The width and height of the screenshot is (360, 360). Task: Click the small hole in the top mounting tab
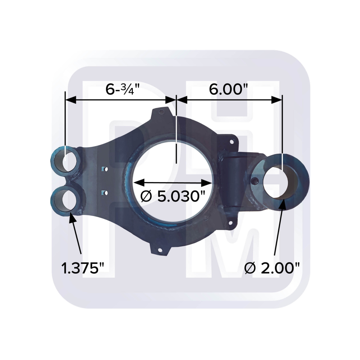(161, 112)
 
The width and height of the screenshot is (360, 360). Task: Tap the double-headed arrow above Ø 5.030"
(173, 182)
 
